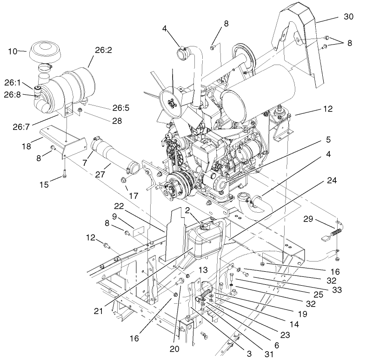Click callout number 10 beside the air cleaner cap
pos(13,51)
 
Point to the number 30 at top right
pos(348,17)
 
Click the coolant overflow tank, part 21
pos(205,244)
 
